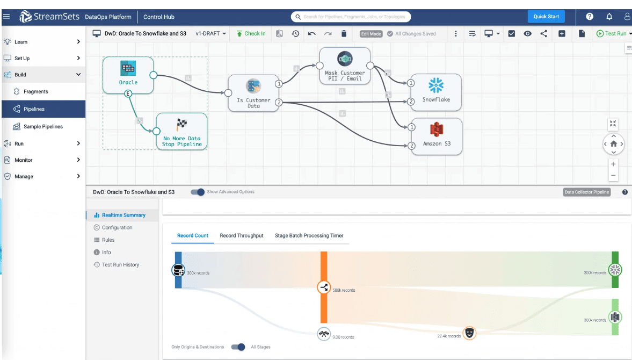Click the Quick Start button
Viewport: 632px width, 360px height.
coord(546,17)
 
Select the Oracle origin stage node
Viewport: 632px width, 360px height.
coord(128,75)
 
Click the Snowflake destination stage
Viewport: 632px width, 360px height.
coord(436,91)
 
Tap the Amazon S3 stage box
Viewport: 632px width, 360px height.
coord(436,136)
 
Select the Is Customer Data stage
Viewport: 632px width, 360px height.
coord(253,93)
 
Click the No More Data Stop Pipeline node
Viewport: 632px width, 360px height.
coord(181,131)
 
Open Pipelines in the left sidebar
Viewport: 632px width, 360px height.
coord(34,109)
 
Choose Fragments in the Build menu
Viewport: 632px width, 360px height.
coord(35,92)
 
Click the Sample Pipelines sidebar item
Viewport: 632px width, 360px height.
coord(43,127)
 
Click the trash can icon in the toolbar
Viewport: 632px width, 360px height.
coord(344,34)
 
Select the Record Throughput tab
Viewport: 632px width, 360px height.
coord(242,235)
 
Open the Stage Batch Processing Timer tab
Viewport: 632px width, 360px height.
coord(309,235)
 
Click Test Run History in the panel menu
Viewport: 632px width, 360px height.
coord(120,265)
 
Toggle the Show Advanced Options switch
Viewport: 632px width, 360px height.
coord(198,192)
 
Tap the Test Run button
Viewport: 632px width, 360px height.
coord(612,34)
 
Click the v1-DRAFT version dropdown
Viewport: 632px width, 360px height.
coord(210,34)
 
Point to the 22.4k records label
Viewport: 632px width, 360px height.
coord(449,336)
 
